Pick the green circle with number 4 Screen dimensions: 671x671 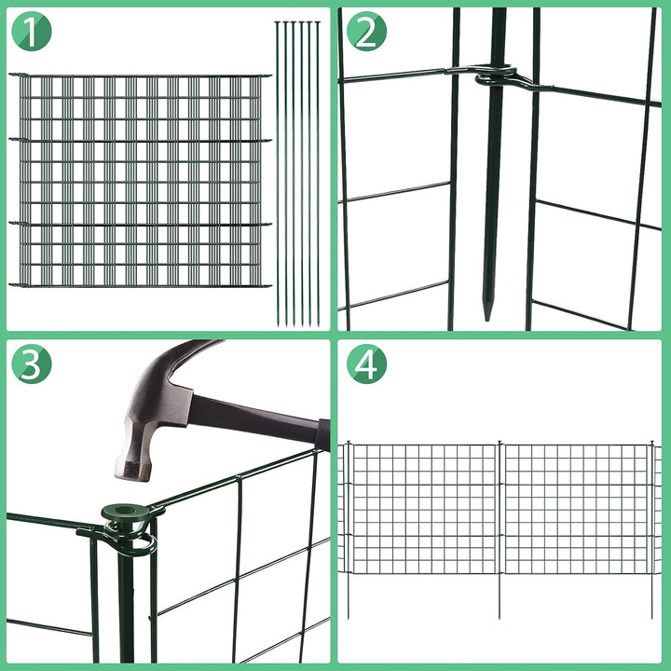[x=365, y=364]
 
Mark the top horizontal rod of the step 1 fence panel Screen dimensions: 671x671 [x=140, y=75]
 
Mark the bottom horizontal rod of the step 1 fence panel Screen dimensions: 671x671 [x=140, y=284]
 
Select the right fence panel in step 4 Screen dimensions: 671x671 [x=576, y=508]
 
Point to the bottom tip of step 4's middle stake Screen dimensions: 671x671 [x=500, y=615]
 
